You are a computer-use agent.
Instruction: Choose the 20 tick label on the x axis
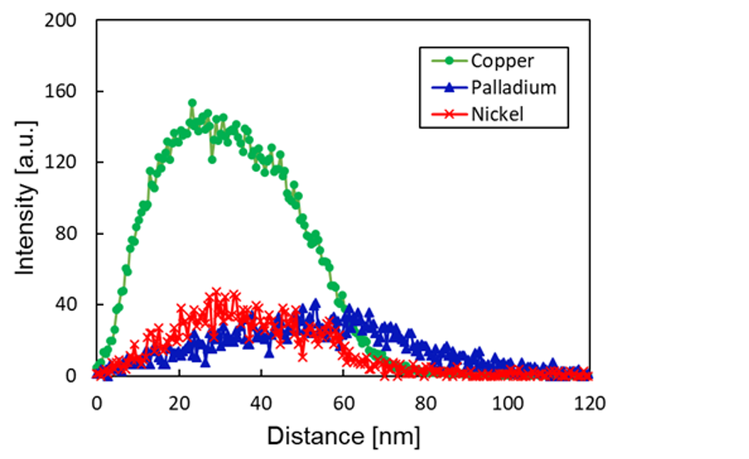pos(179,402)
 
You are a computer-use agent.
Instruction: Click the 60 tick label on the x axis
pos(344,402)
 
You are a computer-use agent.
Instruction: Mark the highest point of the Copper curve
pos(192,103)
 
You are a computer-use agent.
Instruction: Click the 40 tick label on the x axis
pos(261,402)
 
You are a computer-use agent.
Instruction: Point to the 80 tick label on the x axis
pos(426,402)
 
